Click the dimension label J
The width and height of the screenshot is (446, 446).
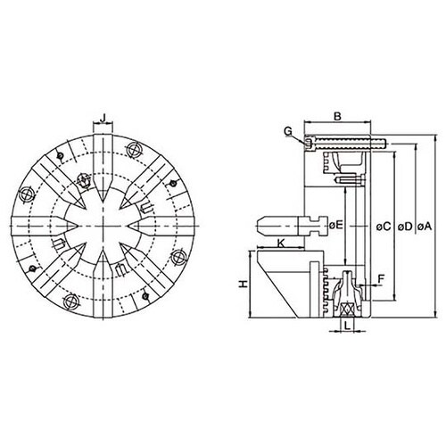tap(103, 118)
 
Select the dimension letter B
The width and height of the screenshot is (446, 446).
tap(337, 116)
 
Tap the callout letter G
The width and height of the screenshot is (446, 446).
tap(288, 131)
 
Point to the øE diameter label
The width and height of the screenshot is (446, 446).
tap(336, 225)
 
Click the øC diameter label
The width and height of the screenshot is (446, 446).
tap(384, 227)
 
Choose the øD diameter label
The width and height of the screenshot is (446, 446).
tap(405, 227)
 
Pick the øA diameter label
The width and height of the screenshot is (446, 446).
tap(425, 227)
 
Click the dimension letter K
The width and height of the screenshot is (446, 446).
tap(281, 244)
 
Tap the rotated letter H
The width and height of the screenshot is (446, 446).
tap(244, 285)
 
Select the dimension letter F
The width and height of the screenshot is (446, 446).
tap(381, 279)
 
